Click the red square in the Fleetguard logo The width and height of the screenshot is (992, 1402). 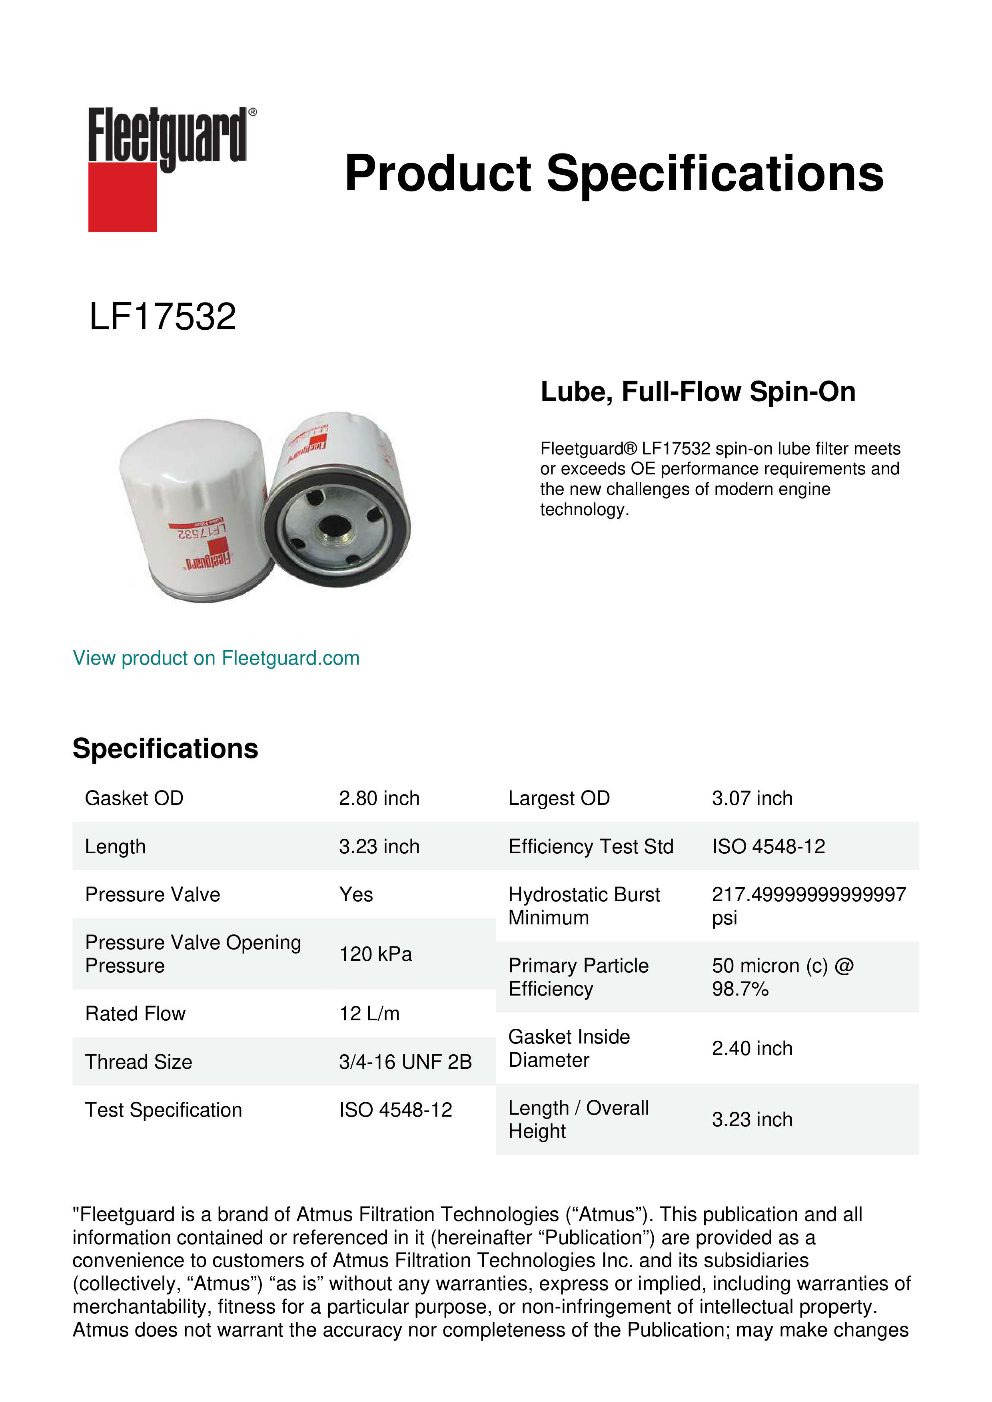122,197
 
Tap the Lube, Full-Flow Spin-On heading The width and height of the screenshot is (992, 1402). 698,391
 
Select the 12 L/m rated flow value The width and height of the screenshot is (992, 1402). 369,1014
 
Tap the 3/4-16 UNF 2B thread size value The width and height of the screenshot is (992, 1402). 405,1062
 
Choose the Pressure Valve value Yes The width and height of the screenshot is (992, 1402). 355,894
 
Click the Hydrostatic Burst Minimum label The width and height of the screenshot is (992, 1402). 583,906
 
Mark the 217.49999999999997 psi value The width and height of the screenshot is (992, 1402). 808,906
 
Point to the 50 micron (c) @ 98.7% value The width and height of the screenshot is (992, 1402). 782,977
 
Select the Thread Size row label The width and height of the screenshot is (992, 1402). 139,1062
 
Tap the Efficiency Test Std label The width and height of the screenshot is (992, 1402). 590,846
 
